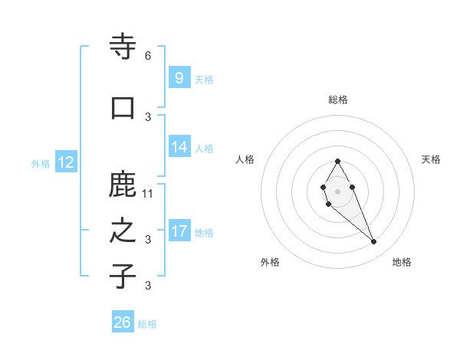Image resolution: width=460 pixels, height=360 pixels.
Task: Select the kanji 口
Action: [x=123, y=108]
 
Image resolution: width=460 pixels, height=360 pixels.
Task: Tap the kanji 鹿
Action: [x=123, y=185]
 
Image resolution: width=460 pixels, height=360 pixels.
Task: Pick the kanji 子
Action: [x=123, y=277]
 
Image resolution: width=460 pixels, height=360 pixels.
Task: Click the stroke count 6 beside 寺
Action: [x=148, y=56]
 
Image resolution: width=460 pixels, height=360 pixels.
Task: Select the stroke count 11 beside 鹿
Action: [x=148, y=193]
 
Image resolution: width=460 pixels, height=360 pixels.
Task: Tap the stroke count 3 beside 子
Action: [x=148, y=286]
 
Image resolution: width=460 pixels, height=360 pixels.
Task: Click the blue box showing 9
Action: [x=179, y=77]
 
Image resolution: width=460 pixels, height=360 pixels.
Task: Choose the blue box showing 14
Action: [x=179, y=147]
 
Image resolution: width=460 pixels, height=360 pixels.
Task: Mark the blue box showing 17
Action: [x=179, y=231]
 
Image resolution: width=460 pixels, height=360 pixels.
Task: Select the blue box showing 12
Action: [x=65, y=162]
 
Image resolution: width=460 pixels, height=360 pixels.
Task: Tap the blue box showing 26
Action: [x=123, y=322]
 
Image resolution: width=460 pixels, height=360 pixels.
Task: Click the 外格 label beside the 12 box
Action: [x=41, y=163]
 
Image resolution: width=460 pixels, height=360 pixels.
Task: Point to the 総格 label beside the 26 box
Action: [x=147, y=324]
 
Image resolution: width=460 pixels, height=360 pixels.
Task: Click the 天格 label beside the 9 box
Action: [x=203, y=79]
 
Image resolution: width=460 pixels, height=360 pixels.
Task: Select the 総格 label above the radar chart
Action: [x=338, y=100]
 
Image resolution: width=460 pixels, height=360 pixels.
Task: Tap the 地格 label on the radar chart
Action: [x=402, y=262]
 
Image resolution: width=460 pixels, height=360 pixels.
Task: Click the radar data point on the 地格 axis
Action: [x=373, y=242]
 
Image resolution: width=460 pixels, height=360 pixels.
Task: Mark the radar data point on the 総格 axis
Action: [x=337, y=161]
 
